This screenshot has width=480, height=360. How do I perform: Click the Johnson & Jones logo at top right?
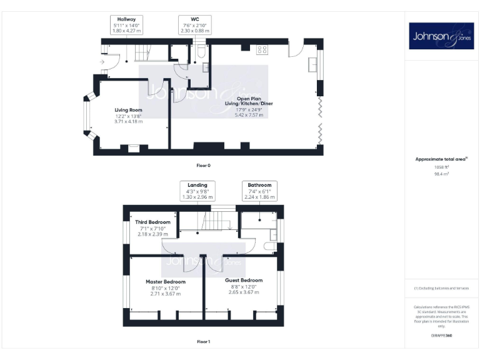(x=442, y=36)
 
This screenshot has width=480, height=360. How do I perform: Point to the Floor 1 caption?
(x=204, y=342)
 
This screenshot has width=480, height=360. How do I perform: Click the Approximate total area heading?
(x=441, y=159)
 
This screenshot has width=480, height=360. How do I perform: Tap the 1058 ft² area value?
(x=442, y=167)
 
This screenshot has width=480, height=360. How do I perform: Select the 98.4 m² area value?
(x=442, y=174)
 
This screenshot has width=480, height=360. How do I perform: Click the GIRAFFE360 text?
(x=442, y=336)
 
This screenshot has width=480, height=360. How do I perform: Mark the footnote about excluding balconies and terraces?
(x=441, y=288)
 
